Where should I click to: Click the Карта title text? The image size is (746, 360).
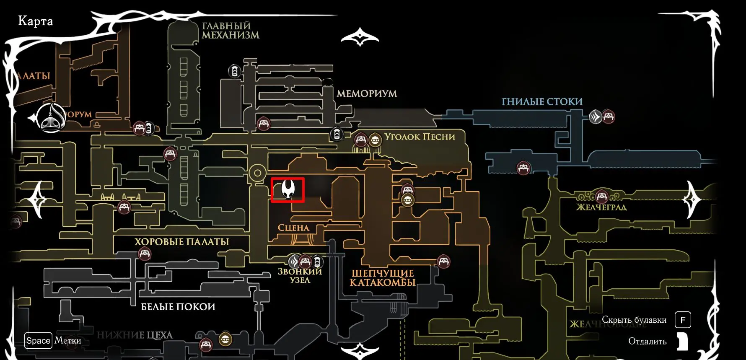tap(36, 21)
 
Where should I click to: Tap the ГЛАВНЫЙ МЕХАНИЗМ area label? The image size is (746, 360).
tap(230, 31)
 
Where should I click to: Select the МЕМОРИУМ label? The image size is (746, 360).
tap(367, 93)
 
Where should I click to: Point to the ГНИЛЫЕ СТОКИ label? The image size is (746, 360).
tap(542, 101)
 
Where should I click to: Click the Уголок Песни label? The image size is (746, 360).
tap(420, 137)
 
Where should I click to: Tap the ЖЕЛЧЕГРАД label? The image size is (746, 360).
tap(601, 207)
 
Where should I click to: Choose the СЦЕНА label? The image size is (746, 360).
tap(293, 228)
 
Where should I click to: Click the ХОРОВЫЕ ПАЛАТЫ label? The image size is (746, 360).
tap(181, 242)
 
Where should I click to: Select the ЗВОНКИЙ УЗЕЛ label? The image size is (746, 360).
tap(300, 276)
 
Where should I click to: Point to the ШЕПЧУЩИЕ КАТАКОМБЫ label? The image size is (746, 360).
tap(382, 278)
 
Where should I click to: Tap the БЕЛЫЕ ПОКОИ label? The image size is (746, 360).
tap(178, 307)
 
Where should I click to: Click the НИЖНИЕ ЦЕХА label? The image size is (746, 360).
tap(135, 335)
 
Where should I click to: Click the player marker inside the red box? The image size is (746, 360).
tap(288, 189)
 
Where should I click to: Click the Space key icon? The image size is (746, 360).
tap(38, 341)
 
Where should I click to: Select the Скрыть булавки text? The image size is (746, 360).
tap(634, 320)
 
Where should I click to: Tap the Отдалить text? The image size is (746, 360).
tap(647, 341)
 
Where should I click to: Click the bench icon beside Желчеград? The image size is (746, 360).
tap(602, 196)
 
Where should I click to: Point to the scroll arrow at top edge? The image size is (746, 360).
tap(360, 37)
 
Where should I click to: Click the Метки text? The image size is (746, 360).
tap(68, 341)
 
